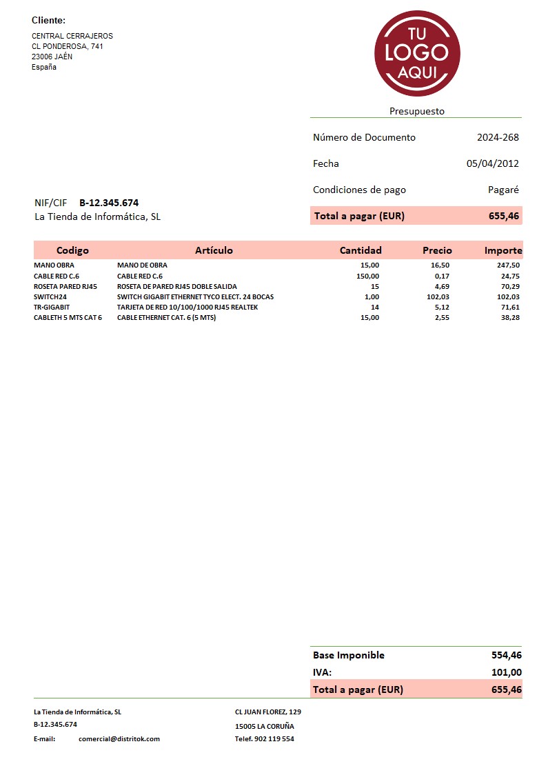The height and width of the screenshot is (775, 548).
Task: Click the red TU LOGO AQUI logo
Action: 417,53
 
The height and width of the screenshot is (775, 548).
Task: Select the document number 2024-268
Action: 498,137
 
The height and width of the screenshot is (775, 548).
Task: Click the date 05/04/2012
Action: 492,163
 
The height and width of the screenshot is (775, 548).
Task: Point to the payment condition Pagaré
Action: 503,190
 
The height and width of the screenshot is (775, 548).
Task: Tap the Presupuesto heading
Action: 417,111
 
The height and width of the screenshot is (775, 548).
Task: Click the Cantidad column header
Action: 361,250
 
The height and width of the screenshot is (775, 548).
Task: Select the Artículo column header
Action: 214,250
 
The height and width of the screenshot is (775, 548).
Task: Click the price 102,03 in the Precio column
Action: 438,296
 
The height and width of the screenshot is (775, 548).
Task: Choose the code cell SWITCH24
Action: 50,296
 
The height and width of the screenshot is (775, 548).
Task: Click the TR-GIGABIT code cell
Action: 52,308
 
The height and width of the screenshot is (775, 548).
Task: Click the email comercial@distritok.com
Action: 119,739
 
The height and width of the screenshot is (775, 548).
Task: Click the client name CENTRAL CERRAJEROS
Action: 72,36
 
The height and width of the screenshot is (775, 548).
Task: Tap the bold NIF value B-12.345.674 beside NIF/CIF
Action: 109,203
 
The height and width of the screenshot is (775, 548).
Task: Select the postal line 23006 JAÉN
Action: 52,57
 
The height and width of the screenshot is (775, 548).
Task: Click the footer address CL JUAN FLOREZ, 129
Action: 268,712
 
